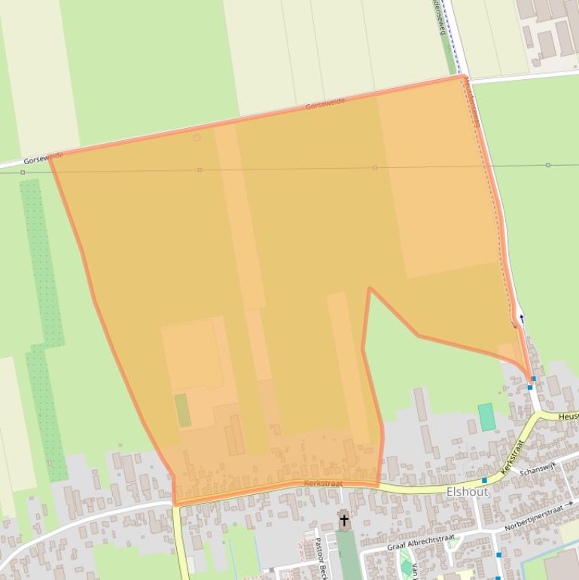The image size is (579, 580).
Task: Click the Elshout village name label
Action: tap(467, 492)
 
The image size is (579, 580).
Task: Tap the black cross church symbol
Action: tap(344, 520)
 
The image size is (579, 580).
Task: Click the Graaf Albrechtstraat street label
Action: tap(421, 542)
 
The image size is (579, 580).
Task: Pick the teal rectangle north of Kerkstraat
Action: tap(486, 417)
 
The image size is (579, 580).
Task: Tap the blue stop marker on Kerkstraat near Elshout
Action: tap(484, 480)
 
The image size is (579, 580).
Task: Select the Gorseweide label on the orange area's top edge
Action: tap(325, 104)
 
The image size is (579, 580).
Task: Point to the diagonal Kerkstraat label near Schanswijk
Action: tap(511, 456)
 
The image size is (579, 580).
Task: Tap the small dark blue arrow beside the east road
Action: tap(521, 318)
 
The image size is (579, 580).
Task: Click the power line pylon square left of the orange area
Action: tap(23, 172)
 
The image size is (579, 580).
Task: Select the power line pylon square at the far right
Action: tap(548, 165)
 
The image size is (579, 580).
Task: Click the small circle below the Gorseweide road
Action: tap(197, 138)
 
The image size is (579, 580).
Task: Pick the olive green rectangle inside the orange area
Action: tap(183, 411)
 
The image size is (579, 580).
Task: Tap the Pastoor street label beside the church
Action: tap(319, 558)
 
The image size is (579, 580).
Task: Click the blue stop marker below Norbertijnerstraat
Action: tap(498, 555)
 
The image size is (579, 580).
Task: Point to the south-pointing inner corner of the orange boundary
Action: tap(369, 288)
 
